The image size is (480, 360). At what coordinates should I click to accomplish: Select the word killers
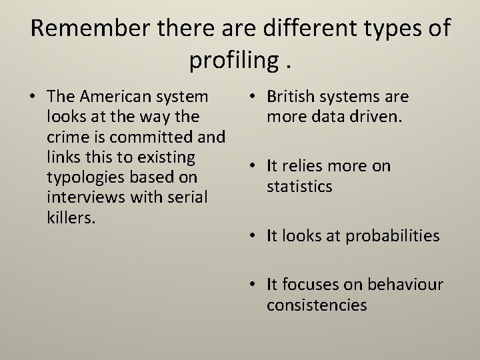[69, 218]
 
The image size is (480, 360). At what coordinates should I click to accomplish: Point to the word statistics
[299, 186]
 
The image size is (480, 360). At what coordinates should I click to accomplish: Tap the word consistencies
[317, 305]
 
